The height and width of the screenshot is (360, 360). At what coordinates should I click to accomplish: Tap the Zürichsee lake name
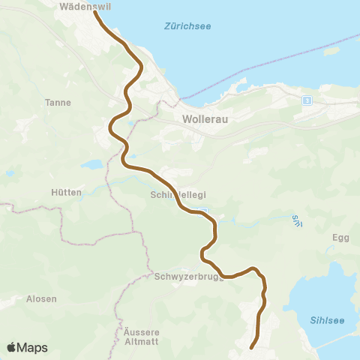click(187, 27)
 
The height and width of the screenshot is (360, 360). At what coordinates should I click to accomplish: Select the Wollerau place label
click(205, 118)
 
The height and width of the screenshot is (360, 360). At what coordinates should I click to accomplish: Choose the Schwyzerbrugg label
click(185, 276)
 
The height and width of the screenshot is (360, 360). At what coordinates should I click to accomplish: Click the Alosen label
click(41, 298)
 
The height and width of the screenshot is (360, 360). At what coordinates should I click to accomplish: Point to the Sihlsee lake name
click(327, 320)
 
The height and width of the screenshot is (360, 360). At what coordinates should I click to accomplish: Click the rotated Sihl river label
click(295, 221)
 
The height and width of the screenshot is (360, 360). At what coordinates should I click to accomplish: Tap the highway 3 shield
click(306, 100)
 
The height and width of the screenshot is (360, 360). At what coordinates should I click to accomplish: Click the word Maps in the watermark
click(34, 347)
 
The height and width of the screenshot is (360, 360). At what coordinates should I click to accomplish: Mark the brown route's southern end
click(251, 347)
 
